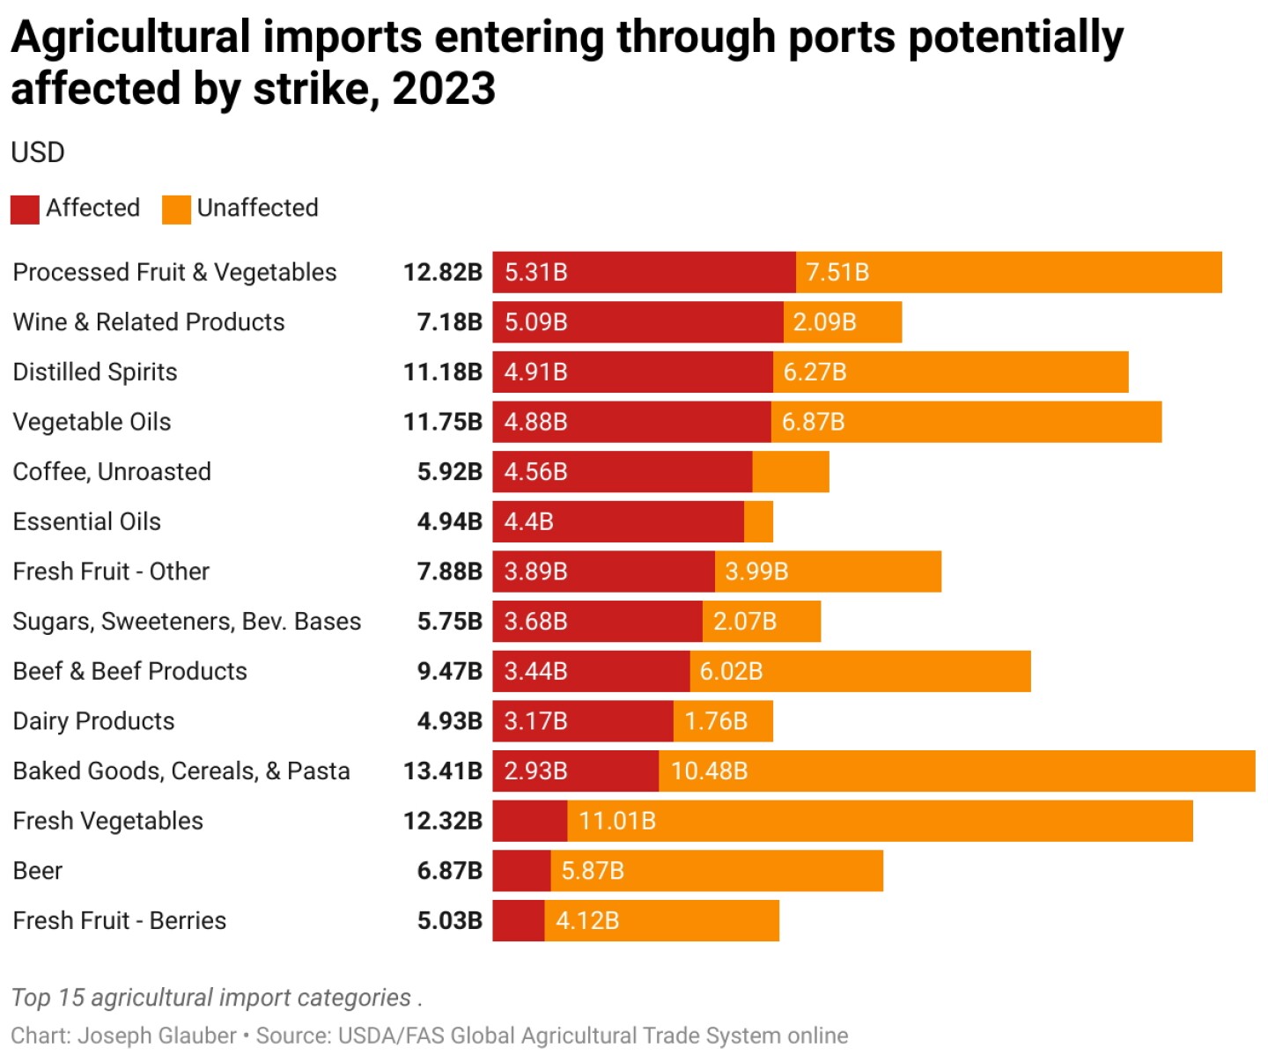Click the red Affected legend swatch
(x=25, y=210)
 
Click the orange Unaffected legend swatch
(x=176, y=210)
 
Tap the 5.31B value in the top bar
(x=535, y=273)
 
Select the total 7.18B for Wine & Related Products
(x=449, y=322)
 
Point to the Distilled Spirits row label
(x=95, y=372)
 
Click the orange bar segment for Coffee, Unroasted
(x=791, y=472)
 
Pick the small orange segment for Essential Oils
(x=758, y=522)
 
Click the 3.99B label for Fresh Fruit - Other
(x=756, y=572)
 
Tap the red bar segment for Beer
(x=521, y=871)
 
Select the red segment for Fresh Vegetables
(x=529, y=822)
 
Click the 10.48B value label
(x=709, y=771)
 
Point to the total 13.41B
(x=442, y=771)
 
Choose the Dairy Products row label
(x=93, y=721)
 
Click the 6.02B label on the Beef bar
(x=731, y=672)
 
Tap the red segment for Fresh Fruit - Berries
(x=518, y=921)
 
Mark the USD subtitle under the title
(x=38, y=152)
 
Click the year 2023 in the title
(x=444, y=89)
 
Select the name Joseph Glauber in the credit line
(x=157, y=1036)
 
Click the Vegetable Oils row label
(x=92, y=423)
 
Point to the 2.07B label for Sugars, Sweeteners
(x=745, y=622)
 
